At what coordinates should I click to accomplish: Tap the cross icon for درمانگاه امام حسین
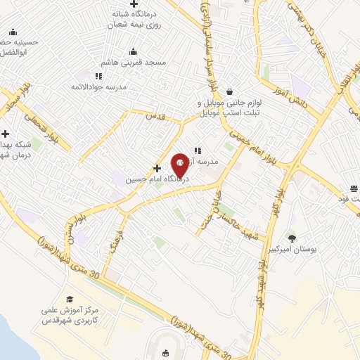(157, 168)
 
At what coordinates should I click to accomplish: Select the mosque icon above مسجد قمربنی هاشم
(133, 51)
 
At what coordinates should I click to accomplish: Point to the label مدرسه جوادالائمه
(125, 86)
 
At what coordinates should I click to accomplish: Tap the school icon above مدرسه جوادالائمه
(99, 75)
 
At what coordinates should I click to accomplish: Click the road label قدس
(153, 116)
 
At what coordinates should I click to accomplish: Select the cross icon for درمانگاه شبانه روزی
(134, 5)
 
